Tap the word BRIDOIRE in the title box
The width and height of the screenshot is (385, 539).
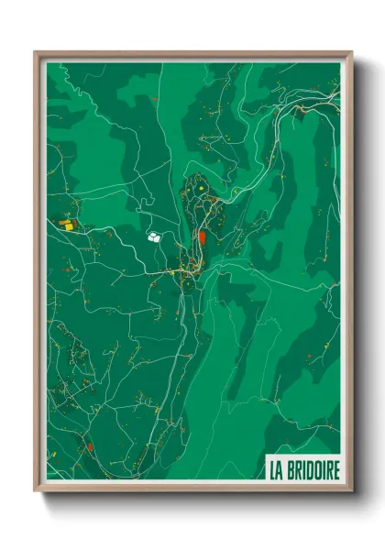[313, 471]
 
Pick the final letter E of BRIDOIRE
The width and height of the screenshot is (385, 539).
[335, 471]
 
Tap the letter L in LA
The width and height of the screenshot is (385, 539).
[272, 471]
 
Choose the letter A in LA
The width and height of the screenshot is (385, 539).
[280, 471]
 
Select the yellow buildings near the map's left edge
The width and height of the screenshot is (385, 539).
[67, 223]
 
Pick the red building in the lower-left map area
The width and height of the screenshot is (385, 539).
[90, 447]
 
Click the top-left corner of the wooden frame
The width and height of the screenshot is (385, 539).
[36, 52]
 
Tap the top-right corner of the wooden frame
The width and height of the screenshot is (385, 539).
[351, 52]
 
